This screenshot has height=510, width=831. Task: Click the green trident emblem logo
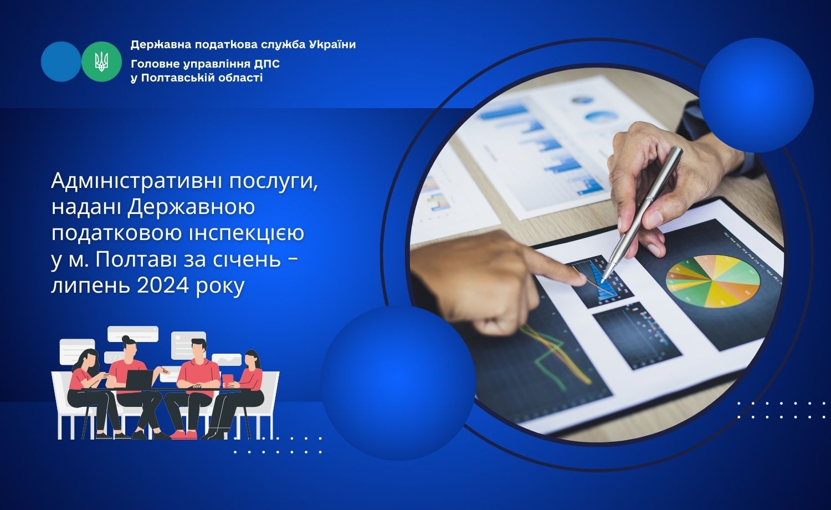(101, 62)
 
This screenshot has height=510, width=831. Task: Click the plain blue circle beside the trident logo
(61, 62)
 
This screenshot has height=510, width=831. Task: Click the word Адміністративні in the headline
(136, 181)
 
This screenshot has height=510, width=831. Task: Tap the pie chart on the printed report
(712, 282)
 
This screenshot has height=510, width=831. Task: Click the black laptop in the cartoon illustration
(139, 379)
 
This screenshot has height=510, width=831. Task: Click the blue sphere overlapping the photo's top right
(756, 95)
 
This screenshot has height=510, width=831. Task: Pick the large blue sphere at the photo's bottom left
(398, 382)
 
